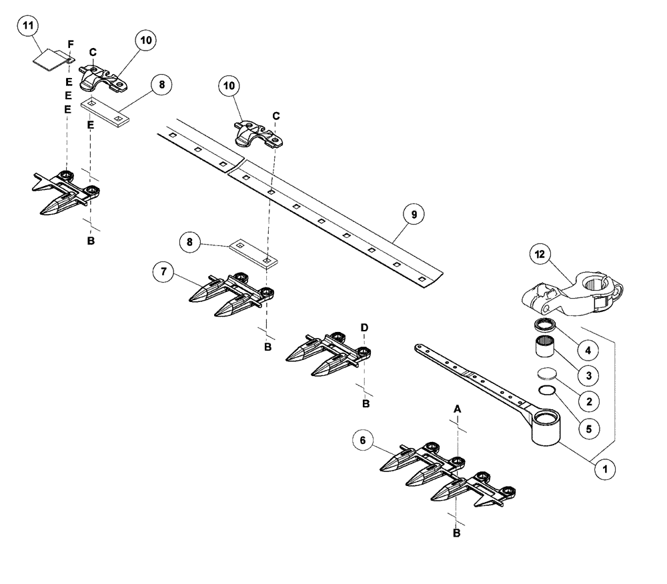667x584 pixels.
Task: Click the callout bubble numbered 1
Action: pyautogui.click(x=605, y=469)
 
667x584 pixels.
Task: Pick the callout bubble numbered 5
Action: pyautogui.click(x=588, y=428)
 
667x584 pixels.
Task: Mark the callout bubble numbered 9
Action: pyautogui.click(x=414, y=215)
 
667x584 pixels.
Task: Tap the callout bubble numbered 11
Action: pyautogui.click(x=28, y=27)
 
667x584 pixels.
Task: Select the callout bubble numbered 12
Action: pyautogui.click(x=542, y=255)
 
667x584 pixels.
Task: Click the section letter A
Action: pyautogui.click(x=458, y=407)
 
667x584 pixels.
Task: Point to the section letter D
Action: pyautogui.click(x=364, y=327)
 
